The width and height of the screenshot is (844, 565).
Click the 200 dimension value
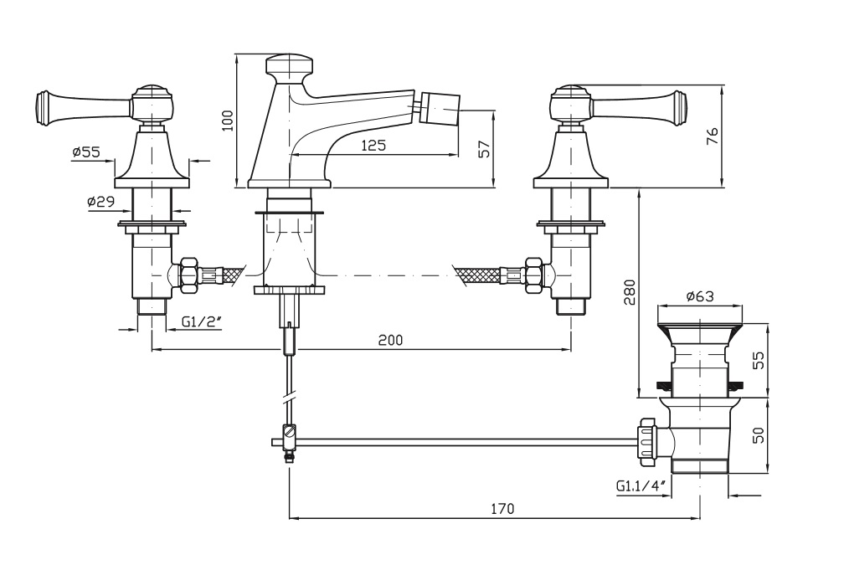click(x=390, y=340)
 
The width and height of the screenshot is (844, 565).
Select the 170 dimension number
click(x=502, y=508)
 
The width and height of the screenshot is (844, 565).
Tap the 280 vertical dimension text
click(x=630, y=291)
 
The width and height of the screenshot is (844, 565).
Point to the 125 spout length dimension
click(x=373, y=145)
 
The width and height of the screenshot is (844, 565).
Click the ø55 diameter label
click(x=86, y=152)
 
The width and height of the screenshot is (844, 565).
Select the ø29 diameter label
click(x=100, y=202)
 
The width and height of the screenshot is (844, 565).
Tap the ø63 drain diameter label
click(x=699, y=295)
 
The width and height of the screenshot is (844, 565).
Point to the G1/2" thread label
click(x=202, y=320)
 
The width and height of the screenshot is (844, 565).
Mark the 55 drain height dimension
click(x=757, y=360)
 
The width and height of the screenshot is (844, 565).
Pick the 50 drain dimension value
click(x=757, y=436)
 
